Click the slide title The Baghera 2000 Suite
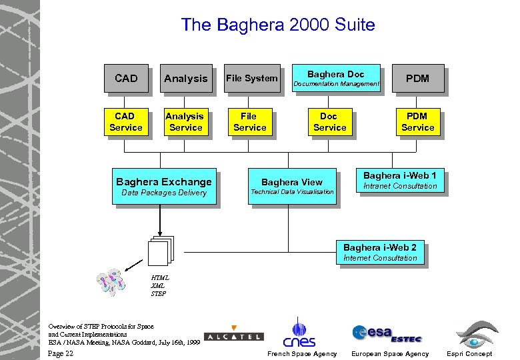click(x=278, y=25)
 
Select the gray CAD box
click(x=125, y=78)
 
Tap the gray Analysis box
click(x=185, y=78)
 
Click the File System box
click(x=251, y=78)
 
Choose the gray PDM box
click(x=417, y=78)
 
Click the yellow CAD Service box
click(x=125, y=122)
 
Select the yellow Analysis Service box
click(x=185, y=122)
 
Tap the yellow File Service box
click(x=249, y=122)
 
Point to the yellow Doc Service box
click(x=329, y=122)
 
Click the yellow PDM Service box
click(x=417, y=122)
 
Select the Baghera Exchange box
click(x=164, y=186)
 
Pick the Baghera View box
click(x=291, y=186)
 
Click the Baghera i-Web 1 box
click(x=399, y=181)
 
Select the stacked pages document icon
click(x=160, y=251)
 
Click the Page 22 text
click(x=61, y=353)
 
